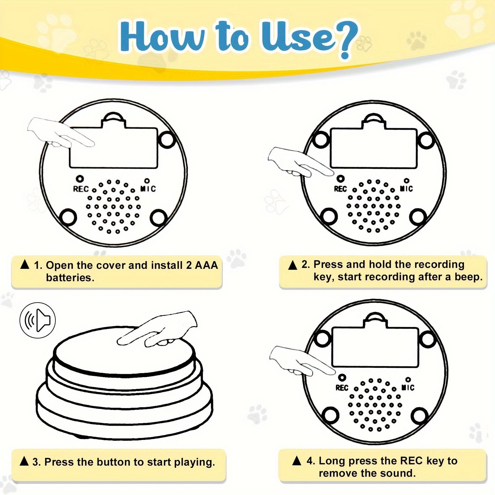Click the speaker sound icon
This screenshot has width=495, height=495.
(37, 320)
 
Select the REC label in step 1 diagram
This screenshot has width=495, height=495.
(81, 189)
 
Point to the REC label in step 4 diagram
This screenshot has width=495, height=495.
(342, 388)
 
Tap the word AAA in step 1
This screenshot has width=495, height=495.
(206, 265)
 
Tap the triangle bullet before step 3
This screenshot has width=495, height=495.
(24, 461)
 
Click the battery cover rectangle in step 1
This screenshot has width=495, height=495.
(114, 148)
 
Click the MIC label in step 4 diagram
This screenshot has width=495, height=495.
(408, 387)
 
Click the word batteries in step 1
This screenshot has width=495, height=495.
(70, 278)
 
